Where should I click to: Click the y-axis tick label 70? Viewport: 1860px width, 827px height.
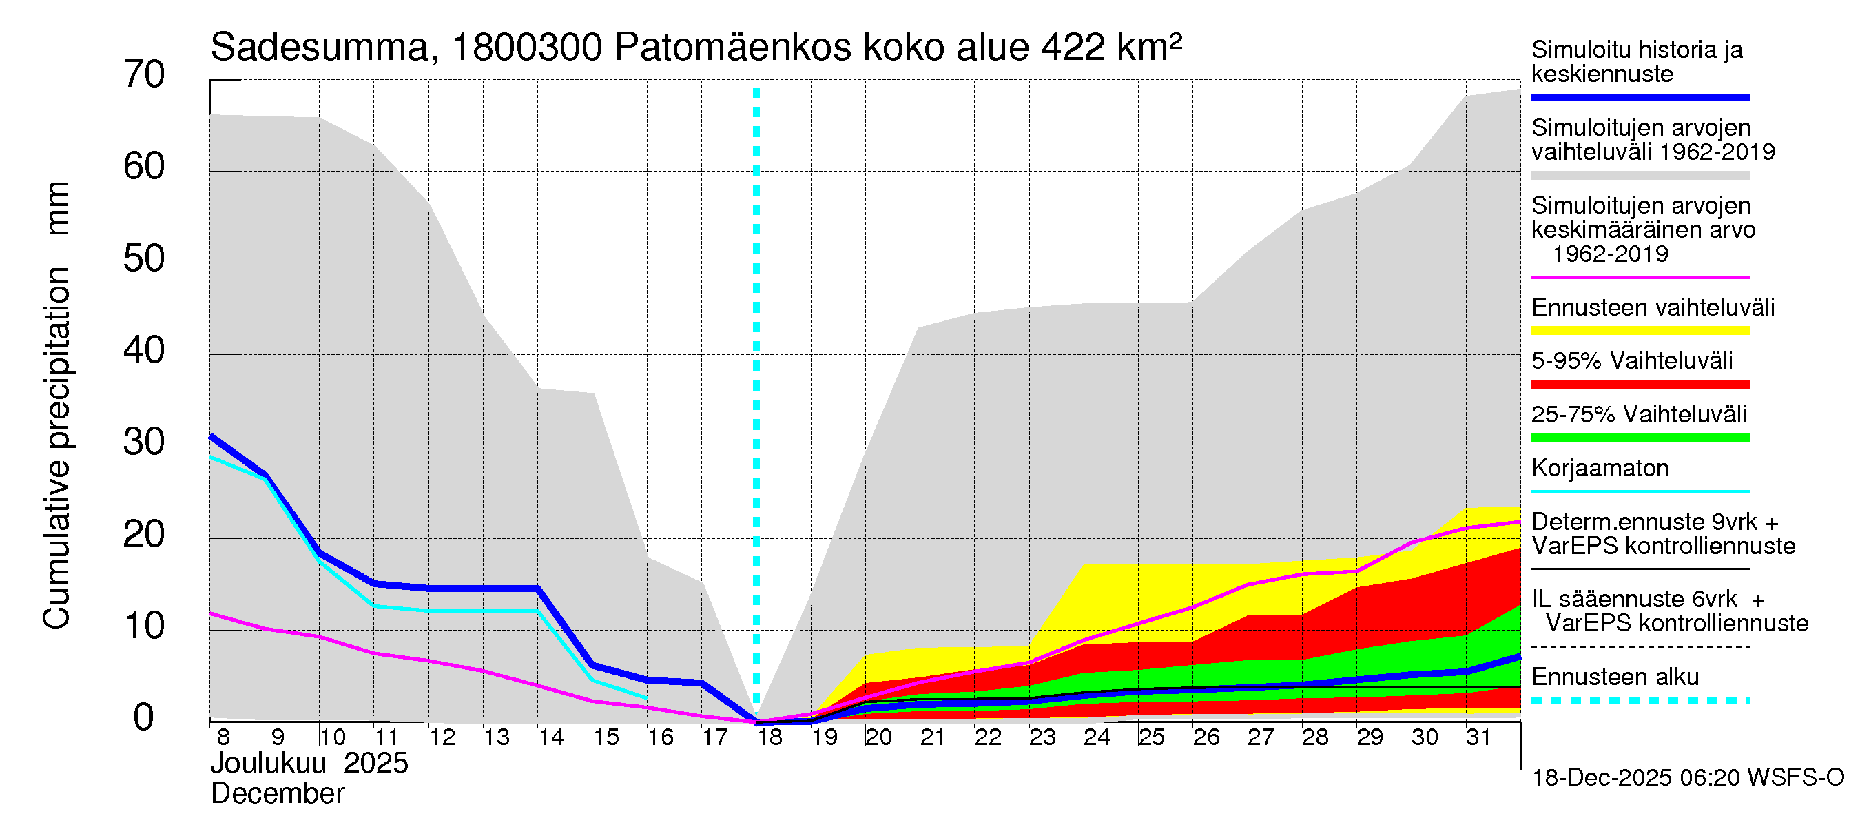144,75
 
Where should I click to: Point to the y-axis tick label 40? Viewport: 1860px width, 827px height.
144,351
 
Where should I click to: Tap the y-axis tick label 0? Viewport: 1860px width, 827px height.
144,718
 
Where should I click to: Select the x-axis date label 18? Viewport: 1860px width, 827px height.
769,737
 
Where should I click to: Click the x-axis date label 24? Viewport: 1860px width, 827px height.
1097,737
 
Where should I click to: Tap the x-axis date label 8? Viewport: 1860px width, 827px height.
223,737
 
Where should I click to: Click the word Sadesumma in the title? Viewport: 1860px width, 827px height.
319,48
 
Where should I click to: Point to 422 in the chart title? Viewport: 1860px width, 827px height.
1073,48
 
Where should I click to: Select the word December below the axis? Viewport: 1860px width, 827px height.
277,794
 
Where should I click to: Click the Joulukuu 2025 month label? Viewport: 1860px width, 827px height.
309,764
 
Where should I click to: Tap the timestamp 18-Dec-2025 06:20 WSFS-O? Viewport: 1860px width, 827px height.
1687,778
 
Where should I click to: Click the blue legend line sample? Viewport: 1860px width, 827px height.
1640,97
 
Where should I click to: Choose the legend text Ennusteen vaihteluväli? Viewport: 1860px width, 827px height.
1653,307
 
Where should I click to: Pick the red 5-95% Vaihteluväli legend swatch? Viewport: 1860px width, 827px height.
1640,385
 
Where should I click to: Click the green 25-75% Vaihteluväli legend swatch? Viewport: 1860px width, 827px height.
1640,438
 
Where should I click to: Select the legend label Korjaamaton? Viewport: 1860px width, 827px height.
1600,468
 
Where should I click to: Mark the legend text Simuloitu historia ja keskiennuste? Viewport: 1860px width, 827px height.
1636,61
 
